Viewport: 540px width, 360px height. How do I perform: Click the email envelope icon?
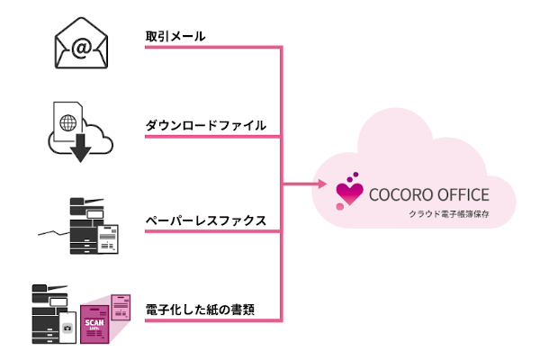click(x=82, y=45)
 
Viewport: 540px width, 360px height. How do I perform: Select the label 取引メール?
click(x=175, y=37)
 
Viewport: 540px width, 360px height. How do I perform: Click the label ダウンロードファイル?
click(x=205, y=125)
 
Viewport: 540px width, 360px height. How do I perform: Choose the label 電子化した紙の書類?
click(x=199, y=310)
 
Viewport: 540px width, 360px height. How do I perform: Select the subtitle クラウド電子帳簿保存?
click(x=445, y=215)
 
